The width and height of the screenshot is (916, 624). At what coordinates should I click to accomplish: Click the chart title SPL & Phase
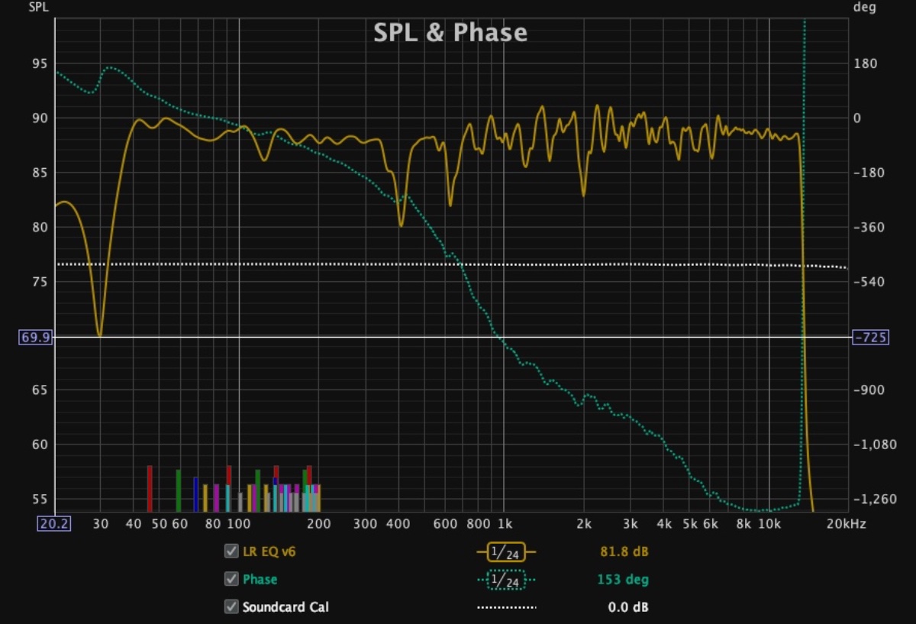450,33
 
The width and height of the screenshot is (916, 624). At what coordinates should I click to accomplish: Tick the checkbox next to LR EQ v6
231,551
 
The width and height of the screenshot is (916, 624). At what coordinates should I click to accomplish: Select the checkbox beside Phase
231,579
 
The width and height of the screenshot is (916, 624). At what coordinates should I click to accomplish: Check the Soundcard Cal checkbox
231,607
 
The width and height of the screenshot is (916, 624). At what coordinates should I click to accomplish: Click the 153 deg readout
623,580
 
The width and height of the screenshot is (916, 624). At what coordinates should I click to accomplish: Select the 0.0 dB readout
627,607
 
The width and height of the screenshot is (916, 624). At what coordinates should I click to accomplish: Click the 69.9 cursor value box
34,337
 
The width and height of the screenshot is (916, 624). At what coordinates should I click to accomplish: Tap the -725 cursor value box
869,337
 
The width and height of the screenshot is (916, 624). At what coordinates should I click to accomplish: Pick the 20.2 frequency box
54,523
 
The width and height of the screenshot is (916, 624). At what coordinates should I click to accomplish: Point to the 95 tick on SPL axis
38,64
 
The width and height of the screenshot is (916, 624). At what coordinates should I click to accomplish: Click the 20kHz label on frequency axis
846,524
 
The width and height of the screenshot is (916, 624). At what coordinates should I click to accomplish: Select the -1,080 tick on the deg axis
872,445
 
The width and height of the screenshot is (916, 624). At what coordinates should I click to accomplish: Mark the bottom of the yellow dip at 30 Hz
99,335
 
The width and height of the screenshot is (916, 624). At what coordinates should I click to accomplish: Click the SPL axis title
37,8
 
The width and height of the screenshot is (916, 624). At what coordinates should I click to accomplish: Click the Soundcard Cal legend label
285,607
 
